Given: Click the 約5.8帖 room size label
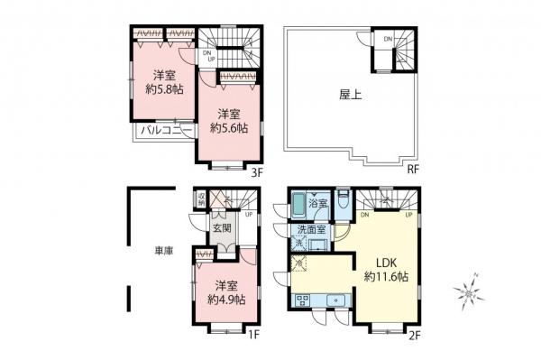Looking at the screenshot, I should (x=164, y=88).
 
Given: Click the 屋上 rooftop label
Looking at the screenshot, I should (x=350, y=94).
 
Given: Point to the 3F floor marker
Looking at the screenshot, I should (x=256, y=171).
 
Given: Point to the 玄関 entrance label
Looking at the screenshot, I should (x=222, y=228).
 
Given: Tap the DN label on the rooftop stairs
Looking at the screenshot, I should (x=387, y=39).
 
